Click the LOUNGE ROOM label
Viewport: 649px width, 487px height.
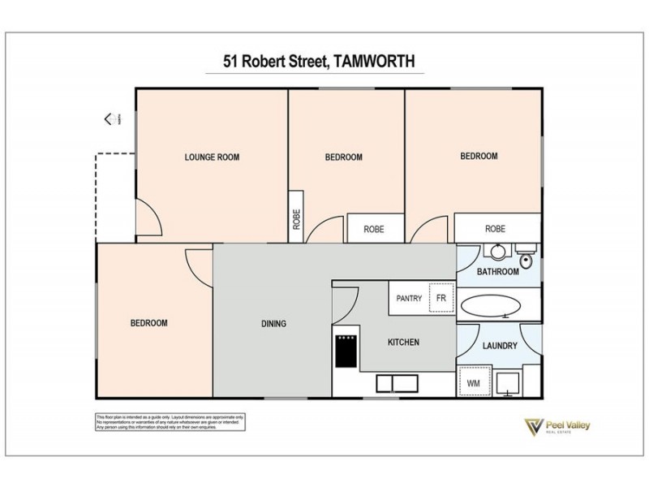point(212,157)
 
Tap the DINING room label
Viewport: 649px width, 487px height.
point(273,324)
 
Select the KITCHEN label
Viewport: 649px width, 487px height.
point(403,343)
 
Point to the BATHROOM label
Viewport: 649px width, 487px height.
point(497,272)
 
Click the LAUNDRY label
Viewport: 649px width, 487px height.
point(500,346)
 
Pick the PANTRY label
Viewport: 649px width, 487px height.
point(409,299)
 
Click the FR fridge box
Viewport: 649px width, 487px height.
point(441,299)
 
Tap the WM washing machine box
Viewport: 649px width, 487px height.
point(474,381)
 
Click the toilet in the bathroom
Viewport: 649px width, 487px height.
point(527,257)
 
